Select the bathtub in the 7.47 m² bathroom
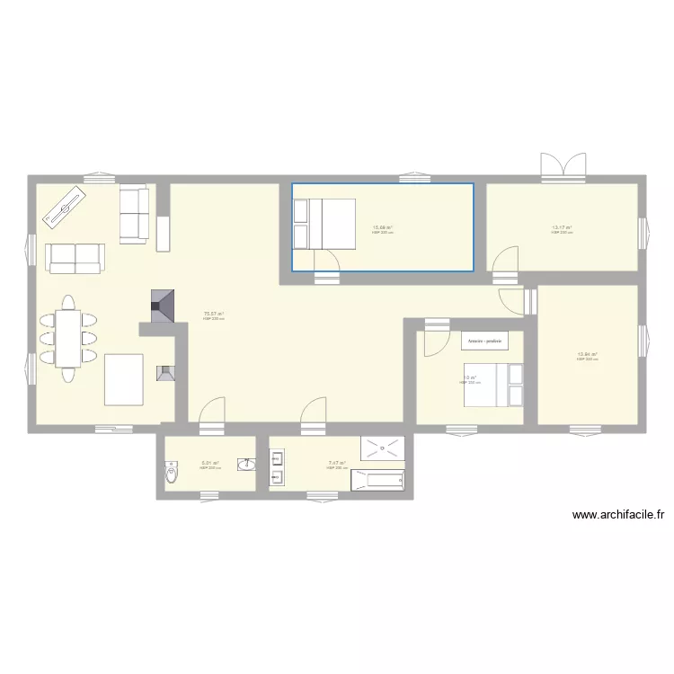click(x=377, y=480)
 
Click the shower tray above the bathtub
click(x=383, y=448)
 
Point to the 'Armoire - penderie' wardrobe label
click(x=484, y=341)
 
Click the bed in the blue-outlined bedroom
click(x=324, y=222)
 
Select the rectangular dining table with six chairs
click(x=67, y=339)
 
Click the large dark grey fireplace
click(x=163, y=306)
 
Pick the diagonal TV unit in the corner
click(x=61, y=210)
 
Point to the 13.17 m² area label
click(x=562, y=228)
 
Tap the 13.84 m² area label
click(x=588, y=355)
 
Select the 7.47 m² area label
click(x=337, y=465)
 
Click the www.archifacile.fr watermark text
click(x=617, y=516)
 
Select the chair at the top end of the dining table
click(x=67, y=302)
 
